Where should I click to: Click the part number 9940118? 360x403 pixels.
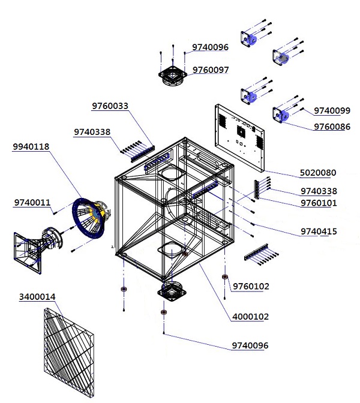[31, 147]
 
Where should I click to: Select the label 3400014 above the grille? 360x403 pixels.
[37, 297]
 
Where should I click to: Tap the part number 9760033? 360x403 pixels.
[110, 106]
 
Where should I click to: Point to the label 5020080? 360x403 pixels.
[318, 173]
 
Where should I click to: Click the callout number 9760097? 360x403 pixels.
[211, 70]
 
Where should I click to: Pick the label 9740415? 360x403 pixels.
[319, 231]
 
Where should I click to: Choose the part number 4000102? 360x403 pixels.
[250, 317]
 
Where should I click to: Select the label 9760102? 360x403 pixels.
[251, 286]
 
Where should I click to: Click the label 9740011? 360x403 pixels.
[32, 203]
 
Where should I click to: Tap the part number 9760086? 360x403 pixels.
[332, 127]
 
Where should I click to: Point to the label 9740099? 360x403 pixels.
[332, 111]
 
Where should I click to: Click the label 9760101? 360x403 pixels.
[319, 203]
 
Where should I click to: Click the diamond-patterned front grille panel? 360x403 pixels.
[69, 353]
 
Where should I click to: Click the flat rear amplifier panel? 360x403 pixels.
[239, 138]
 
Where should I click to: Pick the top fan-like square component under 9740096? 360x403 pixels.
[173, 74]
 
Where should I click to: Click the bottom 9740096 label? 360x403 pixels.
[250, 345]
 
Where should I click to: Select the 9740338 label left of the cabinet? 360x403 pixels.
[92, 132]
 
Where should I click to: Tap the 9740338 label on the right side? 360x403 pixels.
[319, 191]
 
